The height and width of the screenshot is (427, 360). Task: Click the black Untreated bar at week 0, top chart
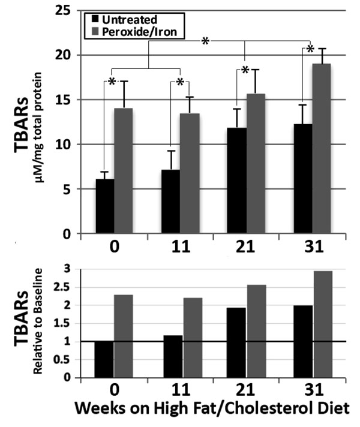click(x=105, y=206)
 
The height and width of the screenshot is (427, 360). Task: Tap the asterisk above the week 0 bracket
click(x=112, y=82)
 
